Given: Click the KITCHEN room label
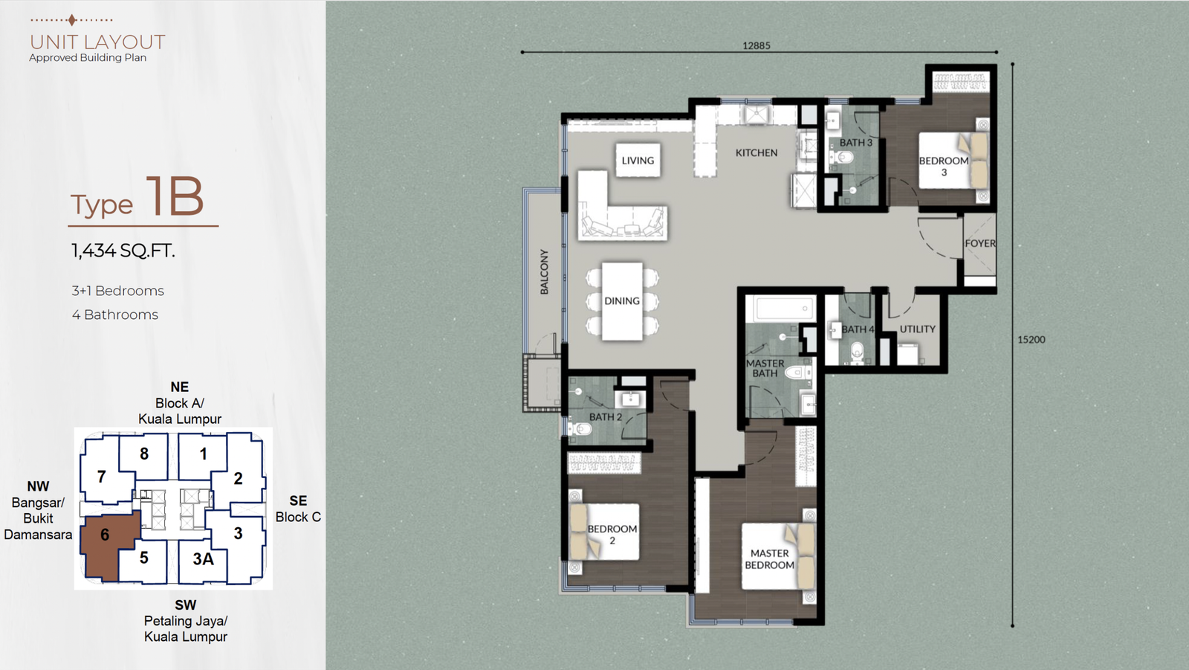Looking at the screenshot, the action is click(757, 153).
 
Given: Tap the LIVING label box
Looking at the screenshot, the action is click(638, 161).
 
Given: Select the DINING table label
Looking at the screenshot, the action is click(622, 301).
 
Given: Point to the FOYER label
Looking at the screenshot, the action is click(980, 243).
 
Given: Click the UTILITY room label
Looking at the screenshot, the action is click(917, 329).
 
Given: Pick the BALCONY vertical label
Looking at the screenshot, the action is click(545, 271).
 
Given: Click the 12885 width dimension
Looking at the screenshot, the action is click(757, 45).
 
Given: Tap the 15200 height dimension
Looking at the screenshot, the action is click(1031, 340).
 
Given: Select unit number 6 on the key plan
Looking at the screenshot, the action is click(105, 535).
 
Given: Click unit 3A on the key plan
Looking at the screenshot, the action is click(203, 558).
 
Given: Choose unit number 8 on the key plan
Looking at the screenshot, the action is click(144, 454).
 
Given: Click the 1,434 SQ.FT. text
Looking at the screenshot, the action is click(123, 251).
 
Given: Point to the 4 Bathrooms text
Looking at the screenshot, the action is click(115, 315).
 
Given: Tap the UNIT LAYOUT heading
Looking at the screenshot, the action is click(97, 42).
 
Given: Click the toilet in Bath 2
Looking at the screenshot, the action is click(580, 428).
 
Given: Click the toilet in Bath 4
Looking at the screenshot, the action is click(857, 352).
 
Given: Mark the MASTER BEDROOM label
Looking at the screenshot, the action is click(770, 559).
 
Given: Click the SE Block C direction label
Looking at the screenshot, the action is click(298, 509).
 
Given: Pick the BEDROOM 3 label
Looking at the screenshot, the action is click(944, 167).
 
